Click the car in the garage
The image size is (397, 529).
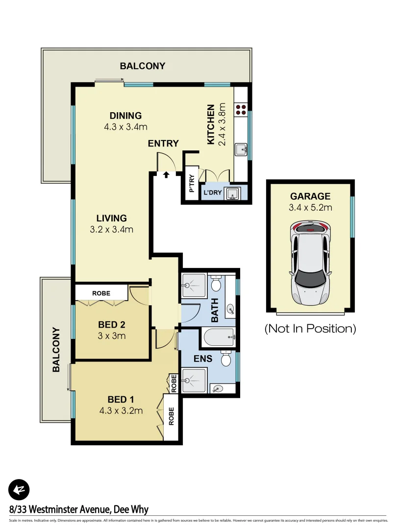310,262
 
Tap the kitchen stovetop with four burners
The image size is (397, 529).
241,110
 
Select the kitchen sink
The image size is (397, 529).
241,148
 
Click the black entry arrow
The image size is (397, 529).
166,173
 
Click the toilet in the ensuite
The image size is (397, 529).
225,359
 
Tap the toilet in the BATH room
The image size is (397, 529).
216,284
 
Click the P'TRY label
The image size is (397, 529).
192,184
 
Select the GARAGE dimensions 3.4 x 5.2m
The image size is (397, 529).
310,207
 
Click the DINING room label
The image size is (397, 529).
125,116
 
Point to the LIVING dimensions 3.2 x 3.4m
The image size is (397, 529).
112,229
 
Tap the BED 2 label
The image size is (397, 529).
111,324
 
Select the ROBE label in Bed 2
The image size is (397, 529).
101,293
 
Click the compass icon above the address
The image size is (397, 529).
19,489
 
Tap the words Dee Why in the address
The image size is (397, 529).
131,510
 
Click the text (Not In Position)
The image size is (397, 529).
310,328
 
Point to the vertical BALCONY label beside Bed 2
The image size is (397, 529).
56,349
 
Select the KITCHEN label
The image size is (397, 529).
211,124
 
